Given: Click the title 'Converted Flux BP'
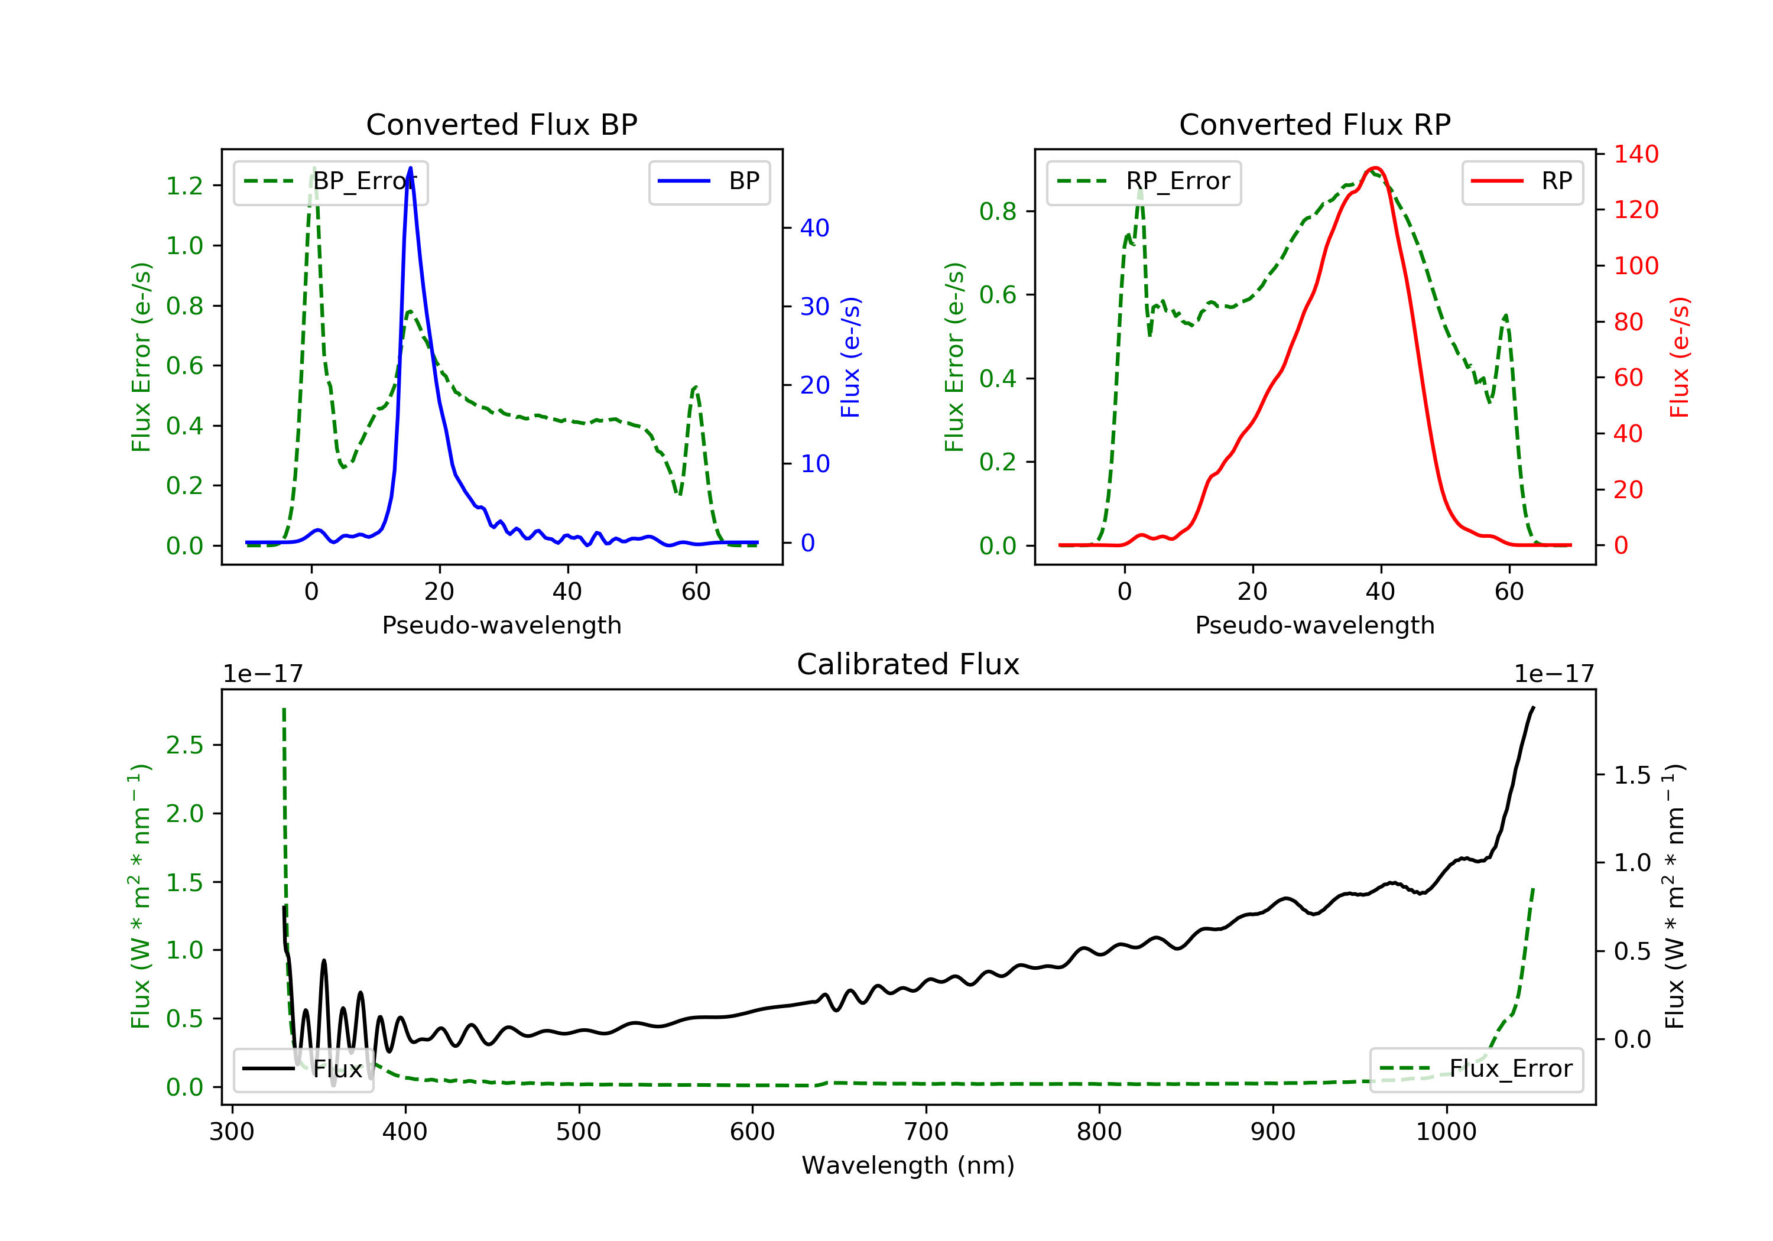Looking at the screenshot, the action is [501, 124].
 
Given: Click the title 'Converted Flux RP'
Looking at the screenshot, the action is [1314, 124].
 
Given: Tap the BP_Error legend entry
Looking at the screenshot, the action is [330, 181].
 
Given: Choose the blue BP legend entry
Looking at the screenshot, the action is [709, 181].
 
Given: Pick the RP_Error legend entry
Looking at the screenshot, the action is [1144, 181].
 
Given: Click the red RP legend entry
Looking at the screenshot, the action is [1522, 181].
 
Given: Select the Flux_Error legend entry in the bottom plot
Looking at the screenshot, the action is [1476, 1069].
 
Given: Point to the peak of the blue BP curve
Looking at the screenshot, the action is [410, 168].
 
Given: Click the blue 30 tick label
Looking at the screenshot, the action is [814, 307].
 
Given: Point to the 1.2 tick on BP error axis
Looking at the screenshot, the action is [184, 186].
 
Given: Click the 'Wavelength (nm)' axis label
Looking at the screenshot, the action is [908, 1165].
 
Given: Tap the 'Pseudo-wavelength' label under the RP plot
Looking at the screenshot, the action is [1314, 625].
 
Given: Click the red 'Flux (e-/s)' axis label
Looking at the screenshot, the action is [1680, 357].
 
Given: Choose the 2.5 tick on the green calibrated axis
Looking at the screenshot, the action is [184, 745].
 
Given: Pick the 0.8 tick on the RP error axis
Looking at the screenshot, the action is [998, 211].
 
